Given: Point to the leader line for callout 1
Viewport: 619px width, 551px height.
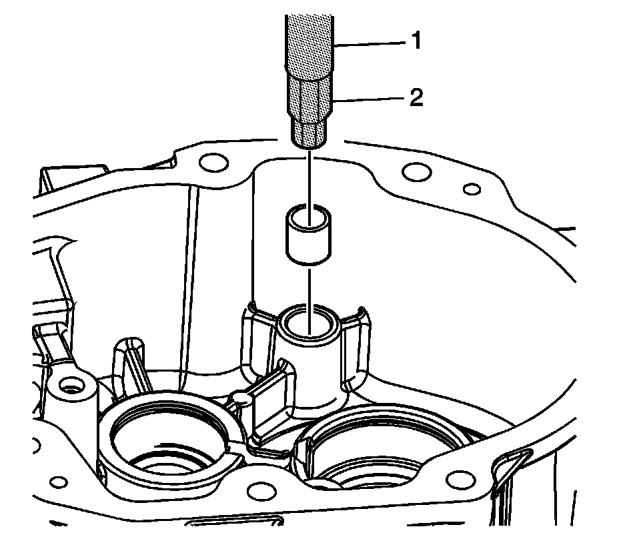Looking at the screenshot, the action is tap(370, 43).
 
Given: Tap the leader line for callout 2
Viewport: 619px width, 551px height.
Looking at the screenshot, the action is tap(367, 100).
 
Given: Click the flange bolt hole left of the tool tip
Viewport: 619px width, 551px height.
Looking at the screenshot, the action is tap(213, 161).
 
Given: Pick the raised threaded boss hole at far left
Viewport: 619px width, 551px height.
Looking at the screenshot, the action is tap(68, 386).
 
